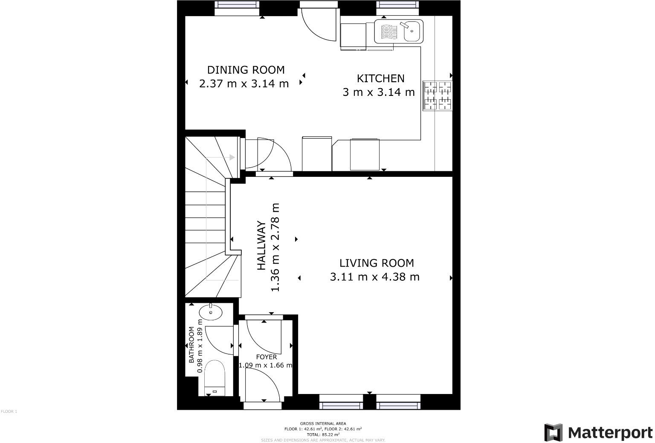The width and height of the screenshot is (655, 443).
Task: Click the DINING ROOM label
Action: pos(246,70)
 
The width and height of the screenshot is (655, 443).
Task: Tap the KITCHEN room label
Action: pos(380,78)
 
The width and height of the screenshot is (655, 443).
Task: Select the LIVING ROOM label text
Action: pos(377,263)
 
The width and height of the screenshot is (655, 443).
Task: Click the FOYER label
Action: pos(266,357)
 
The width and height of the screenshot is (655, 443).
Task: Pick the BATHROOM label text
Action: pos(192,345)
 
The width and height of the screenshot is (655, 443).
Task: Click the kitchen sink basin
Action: pos(412,32)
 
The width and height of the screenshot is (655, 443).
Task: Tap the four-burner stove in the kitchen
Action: pos(437,96)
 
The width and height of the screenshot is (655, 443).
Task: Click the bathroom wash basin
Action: pos(211,312)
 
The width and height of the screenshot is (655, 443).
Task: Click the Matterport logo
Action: pos(598,433)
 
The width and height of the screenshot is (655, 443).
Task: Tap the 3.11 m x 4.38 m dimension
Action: pos(374,277)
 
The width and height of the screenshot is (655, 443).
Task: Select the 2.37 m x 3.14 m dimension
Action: pos(244,83)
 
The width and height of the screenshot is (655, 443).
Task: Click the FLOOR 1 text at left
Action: pos(9,411)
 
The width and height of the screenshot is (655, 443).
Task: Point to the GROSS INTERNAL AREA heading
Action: pos(323,423)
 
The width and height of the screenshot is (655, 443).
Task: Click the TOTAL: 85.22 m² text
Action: pos(323,434)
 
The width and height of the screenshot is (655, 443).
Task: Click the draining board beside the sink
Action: pos(388,32)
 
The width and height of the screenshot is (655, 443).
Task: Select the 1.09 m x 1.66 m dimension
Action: pos(266,365)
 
